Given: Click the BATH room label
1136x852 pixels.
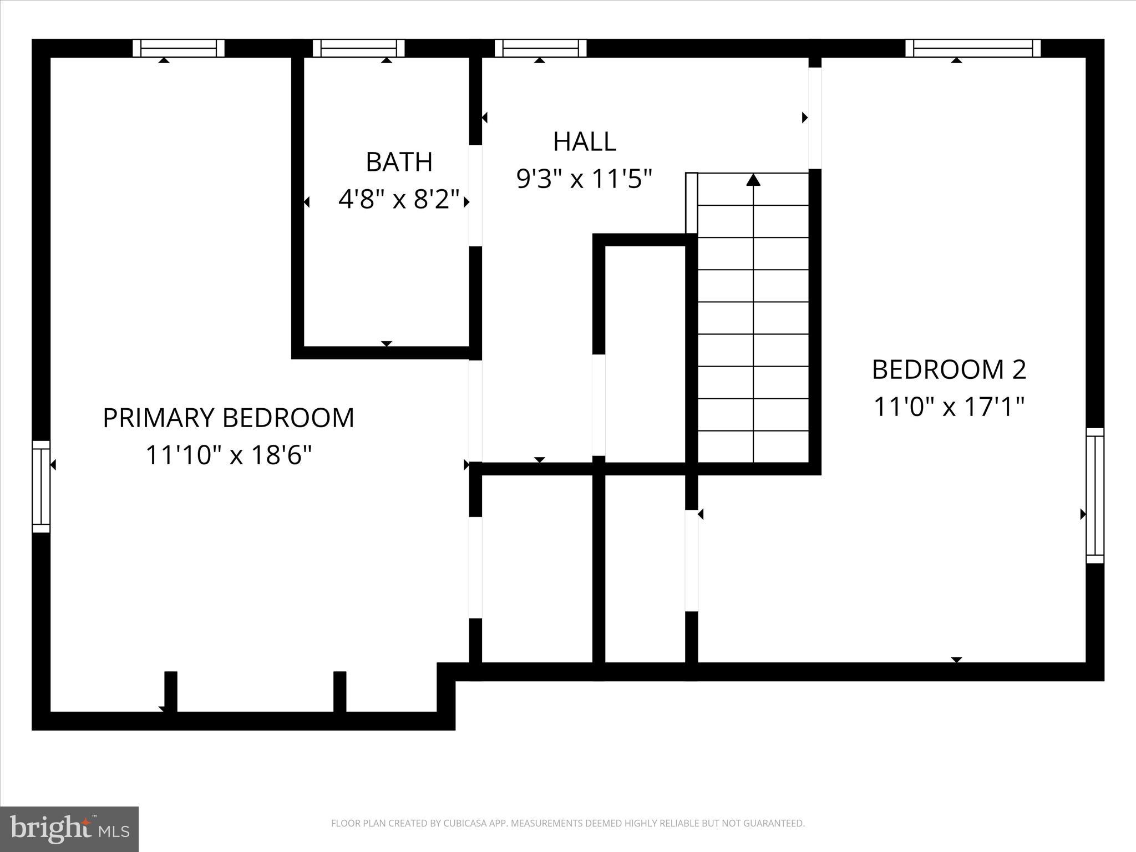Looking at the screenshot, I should point(399,162).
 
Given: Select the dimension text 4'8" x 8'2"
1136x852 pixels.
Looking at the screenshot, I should point(399,199).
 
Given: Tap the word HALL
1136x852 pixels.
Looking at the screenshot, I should point(585,141).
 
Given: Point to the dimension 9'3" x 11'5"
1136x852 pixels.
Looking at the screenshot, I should point(584,179).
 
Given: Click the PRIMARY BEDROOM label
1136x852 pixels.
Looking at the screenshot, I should point(228,418).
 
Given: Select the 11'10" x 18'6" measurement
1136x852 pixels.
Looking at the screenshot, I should point(228,455).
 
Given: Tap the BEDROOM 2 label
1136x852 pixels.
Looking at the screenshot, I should point(949,370).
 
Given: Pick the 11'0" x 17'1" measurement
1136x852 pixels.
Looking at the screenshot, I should point(949,407).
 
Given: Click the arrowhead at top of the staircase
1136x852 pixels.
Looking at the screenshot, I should point(753,180).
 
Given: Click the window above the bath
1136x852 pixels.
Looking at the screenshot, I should point(358,48).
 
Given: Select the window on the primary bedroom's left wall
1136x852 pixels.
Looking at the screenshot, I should point(41,486).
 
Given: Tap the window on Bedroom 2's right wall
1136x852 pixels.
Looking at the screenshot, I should point(1094,495).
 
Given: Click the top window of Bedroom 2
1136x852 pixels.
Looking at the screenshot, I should point(973,48).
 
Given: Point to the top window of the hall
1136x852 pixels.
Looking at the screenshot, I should point(540,48).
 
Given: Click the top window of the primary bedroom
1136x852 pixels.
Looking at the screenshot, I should point(179,48).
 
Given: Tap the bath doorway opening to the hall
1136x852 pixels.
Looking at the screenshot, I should point(475,195).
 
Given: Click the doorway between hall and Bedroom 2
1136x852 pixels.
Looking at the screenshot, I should point(814,118).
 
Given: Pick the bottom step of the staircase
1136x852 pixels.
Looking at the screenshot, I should point(753,447).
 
